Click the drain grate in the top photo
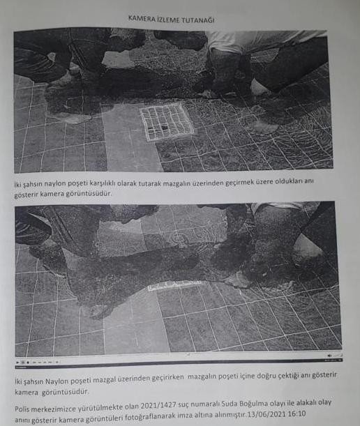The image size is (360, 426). coord(167,121)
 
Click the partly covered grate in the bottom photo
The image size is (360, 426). coord(174,284)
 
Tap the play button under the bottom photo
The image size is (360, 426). coord(22,363)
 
